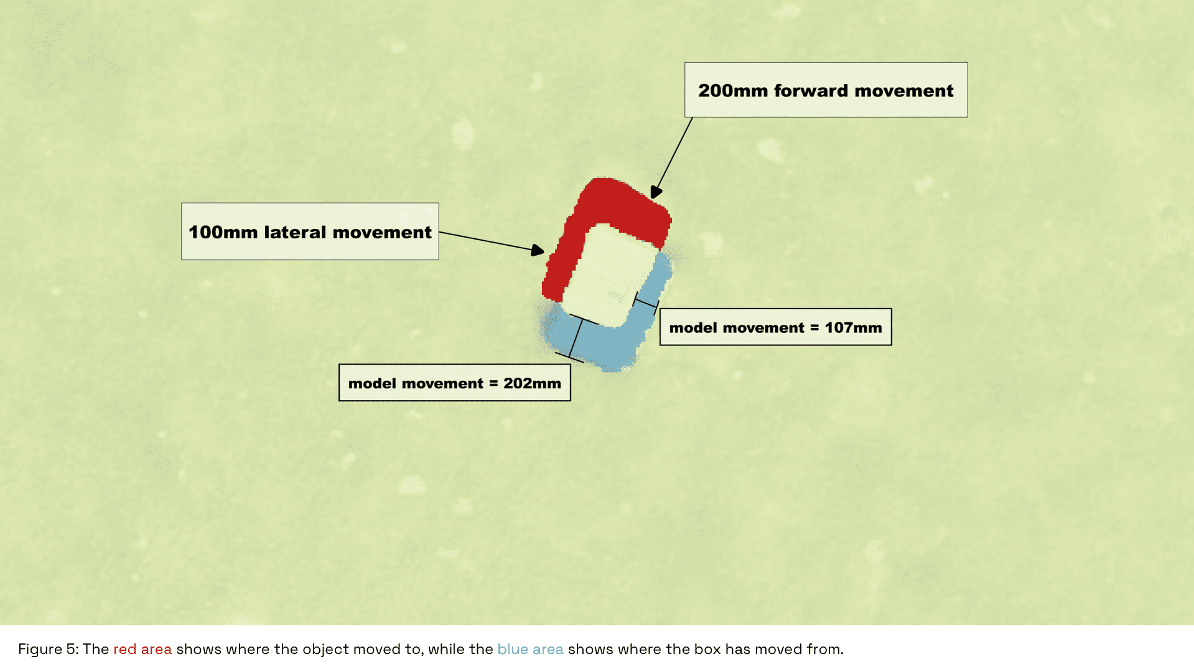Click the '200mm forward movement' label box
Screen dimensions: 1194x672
(x=826, y=90)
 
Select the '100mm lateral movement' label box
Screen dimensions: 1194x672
(x=310, y=231)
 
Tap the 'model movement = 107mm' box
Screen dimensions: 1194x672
(x=775, y=327)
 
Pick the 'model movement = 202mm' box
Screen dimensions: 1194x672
(x=454, y=383)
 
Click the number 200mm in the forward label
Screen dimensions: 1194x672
(x=733, y=91)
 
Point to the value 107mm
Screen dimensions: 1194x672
(x=853, y=328)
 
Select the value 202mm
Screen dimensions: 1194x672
(x=532, y=383)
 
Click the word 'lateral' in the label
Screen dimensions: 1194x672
(x=295, y=232)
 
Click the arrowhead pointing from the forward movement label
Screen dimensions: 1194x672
(x=656, y=192)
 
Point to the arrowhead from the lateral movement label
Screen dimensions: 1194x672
(x=538, y=250)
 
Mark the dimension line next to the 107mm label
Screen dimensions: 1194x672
(x=646, y=303)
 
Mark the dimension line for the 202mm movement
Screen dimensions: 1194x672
(x=576, y=338)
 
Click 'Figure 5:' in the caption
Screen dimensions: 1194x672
(x=49, y=650)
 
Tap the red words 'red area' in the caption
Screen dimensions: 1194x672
(x=142, y=650)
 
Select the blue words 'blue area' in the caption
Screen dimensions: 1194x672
(x=531, y=650)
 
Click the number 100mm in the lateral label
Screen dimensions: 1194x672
(x=223, y=232)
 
